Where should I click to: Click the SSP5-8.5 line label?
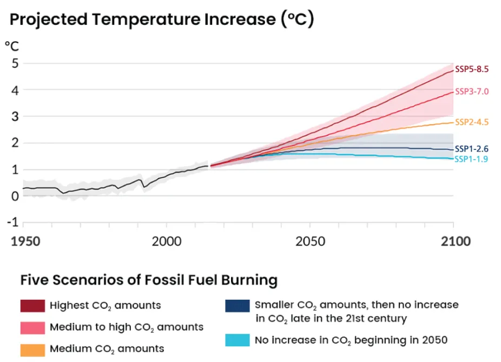(x=472, y=69)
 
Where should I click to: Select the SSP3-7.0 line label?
(x=472, y=91)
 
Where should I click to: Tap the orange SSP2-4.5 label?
(x=472, y=122)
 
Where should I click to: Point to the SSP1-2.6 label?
(x=472, y=149)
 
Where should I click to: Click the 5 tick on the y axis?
(x=15, y=63)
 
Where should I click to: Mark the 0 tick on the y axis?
(x=15, y=196)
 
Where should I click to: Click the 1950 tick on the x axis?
(x=25, y=241)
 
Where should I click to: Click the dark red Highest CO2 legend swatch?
(x=32, y=306)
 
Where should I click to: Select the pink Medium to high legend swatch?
(x=32, y=327)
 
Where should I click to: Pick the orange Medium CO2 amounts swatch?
(x=32, y=349)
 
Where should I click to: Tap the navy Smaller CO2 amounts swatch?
(x=237, y=306)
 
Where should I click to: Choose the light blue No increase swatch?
(x=237, y=340)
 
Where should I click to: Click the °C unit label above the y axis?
(x=12, y=45)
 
